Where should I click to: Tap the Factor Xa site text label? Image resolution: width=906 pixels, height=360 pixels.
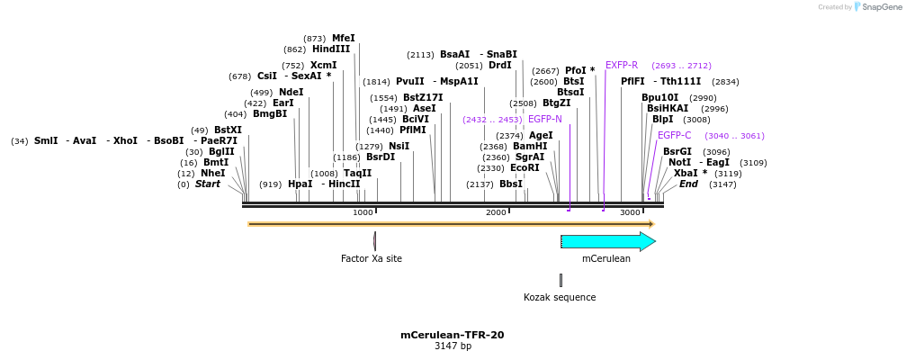[x=371, y=259]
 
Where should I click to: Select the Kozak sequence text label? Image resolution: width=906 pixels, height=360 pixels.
[x=560, y=297]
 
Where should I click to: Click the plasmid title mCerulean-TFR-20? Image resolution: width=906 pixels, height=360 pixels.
[x=452, y=335]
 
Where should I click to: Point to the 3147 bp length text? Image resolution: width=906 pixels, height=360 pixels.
[x=453, y=346]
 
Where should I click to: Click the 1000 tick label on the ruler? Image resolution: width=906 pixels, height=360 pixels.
[x=363, y=212]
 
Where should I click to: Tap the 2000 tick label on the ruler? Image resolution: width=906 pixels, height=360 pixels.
[x=496, y=212]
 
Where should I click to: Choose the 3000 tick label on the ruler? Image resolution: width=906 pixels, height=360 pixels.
[x=630, y=212]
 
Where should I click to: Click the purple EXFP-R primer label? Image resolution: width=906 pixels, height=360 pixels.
[x=622, y=66]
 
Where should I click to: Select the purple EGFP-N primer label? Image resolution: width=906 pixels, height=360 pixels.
[x=545, y=119]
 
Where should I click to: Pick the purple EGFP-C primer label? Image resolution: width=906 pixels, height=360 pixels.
[x=675, y=136]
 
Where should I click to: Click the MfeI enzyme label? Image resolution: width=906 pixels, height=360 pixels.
[x=344, y=39]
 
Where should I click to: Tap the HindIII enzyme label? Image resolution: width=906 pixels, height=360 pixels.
[x=331, y=49]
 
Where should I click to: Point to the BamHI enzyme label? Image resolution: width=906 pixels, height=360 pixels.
[x=530, y=147]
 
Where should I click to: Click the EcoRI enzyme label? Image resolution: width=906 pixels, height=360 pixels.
[x=525, y=168]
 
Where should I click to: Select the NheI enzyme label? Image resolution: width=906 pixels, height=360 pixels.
[x=213, y=174]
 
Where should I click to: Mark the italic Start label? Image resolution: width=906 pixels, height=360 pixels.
[x=208, y=184]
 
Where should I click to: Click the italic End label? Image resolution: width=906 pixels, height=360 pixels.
[x=688, y=184]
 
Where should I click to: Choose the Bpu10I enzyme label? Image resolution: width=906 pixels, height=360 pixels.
[x=660, y=98]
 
